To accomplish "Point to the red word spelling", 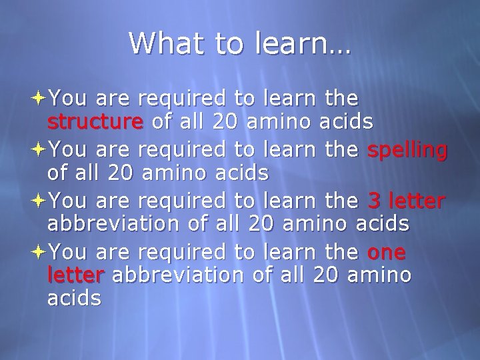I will [407, 151].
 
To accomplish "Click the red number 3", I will [375, 200].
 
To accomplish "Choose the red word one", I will [386, 253].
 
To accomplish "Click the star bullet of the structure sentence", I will [38, 99].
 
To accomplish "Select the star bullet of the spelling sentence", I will [38, 149].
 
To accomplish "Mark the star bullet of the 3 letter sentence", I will [38, 199].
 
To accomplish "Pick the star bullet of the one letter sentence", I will [38, 252].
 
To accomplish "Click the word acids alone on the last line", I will [75, 299].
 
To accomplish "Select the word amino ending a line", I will [381, 275].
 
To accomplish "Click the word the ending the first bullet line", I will [341, 99].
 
